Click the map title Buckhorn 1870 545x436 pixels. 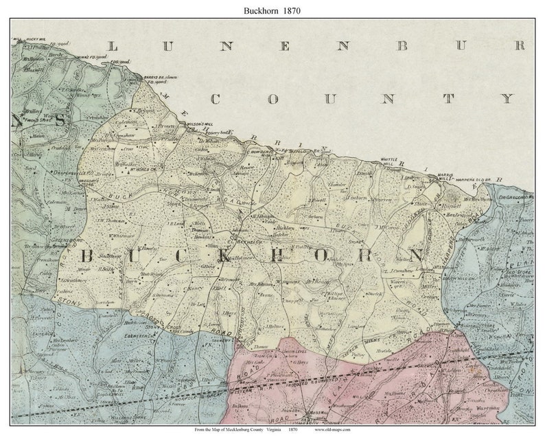point(272,11)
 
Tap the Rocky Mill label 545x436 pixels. point(34,41)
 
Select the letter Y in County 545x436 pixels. point(506,99)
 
